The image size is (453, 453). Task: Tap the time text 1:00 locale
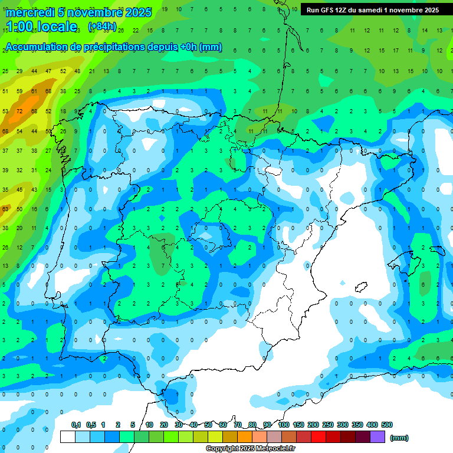[42, 27]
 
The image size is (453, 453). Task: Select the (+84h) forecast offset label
[102, 27]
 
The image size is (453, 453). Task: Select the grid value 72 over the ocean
[19, 111]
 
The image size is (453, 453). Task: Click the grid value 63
[5, 209]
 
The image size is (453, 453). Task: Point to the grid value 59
[19, 91]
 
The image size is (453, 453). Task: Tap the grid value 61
[34, 91]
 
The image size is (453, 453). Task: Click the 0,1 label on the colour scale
[76, 425]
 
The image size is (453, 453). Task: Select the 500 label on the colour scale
[386, 425]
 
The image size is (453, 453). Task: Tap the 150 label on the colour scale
[298, 425]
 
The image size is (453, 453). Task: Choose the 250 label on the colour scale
[327, 425]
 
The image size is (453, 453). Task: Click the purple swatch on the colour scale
[377, 436]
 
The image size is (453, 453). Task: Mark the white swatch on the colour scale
[68, 436]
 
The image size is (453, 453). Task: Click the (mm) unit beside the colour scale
[399, 438]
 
